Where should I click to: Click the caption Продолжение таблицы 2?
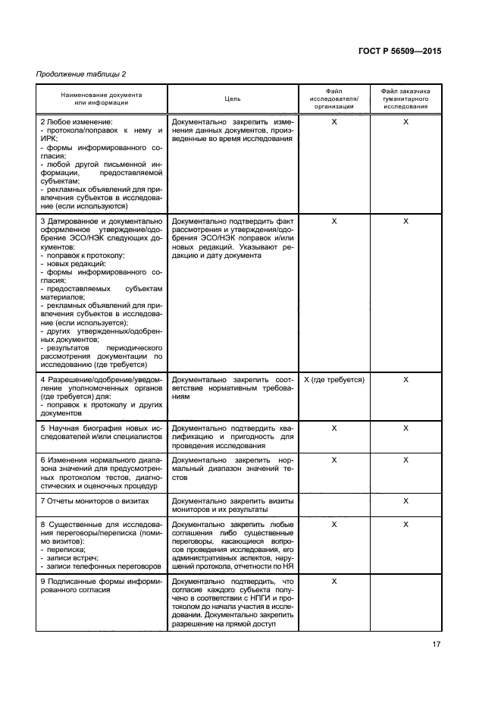pos(80,74)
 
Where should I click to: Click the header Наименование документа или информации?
pos(102,99)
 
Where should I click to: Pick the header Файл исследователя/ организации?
pos(334,99)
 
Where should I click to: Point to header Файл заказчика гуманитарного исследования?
pos(405,99)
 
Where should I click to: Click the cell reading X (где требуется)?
pos(334,379)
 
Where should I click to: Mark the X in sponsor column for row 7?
pos(405,501)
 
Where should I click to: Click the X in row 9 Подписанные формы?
pos(334,581)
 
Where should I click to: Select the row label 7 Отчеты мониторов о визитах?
pos(95,501)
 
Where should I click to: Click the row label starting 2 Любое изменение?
pos(76,121)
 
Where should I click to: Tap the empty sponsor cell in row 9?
pos(405,603)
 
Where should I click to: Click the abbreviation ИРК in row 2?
pos(49,141)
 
